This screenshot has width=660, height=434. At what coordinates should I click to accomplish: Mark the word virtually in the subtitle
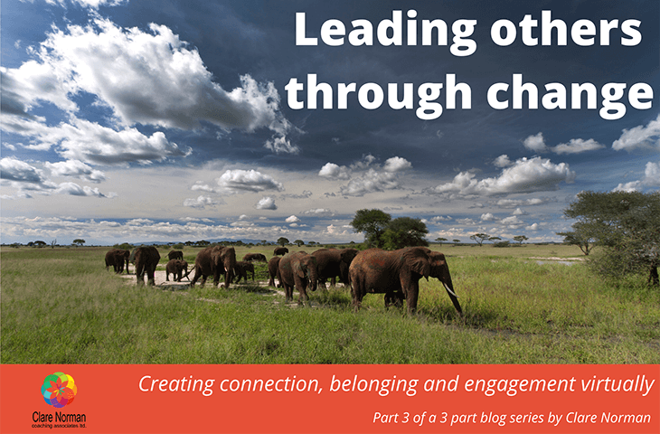(619, 384)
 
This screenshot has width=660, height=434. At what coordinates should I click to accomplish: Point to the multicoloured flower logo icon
(59, 390)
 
